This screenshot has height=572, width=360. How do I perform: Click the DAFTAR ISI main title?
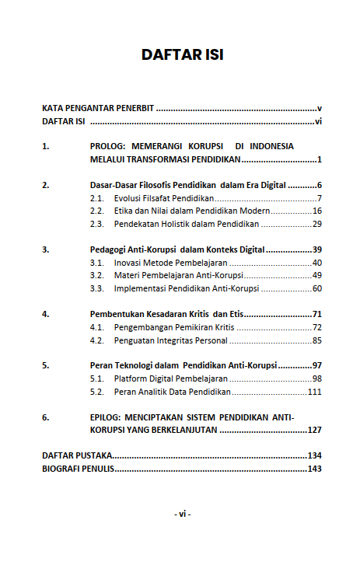tap(182, 55)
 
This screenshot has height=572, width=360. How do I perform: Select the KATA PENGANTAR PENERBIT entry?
tap(98, 108)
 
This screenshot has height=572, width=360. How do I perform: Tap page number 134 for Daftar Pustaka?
tap(314, 455)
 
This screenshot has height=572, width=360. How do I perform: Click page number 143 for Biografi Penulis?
tap(314, 469)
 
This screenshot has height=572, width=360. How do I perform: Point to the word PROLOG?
tap(107, 145)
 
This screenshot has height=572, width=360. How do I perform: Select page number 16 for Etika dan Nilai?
tap(316, 211)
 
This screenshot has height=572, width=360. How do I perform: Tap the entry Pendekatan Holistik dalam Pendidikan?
tap(186, 225)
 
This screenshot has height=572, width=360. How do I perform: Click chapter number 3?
tap(45, 250)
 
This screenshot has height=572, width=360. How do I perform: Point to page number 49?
tap(316, 276)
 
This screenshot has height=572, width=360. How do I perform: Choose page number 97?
tap(316, 365)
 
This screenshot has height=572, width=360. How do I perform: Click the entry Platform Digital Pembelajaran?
tap(170, 378)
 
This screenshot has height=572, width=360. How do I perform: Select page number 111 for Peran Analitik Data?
tap(314, 392)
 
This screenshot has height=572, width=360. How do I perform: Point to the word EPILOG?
tap(107, 417)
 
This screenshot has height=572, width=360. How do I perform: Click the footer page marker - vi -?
tap(182, 514)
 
